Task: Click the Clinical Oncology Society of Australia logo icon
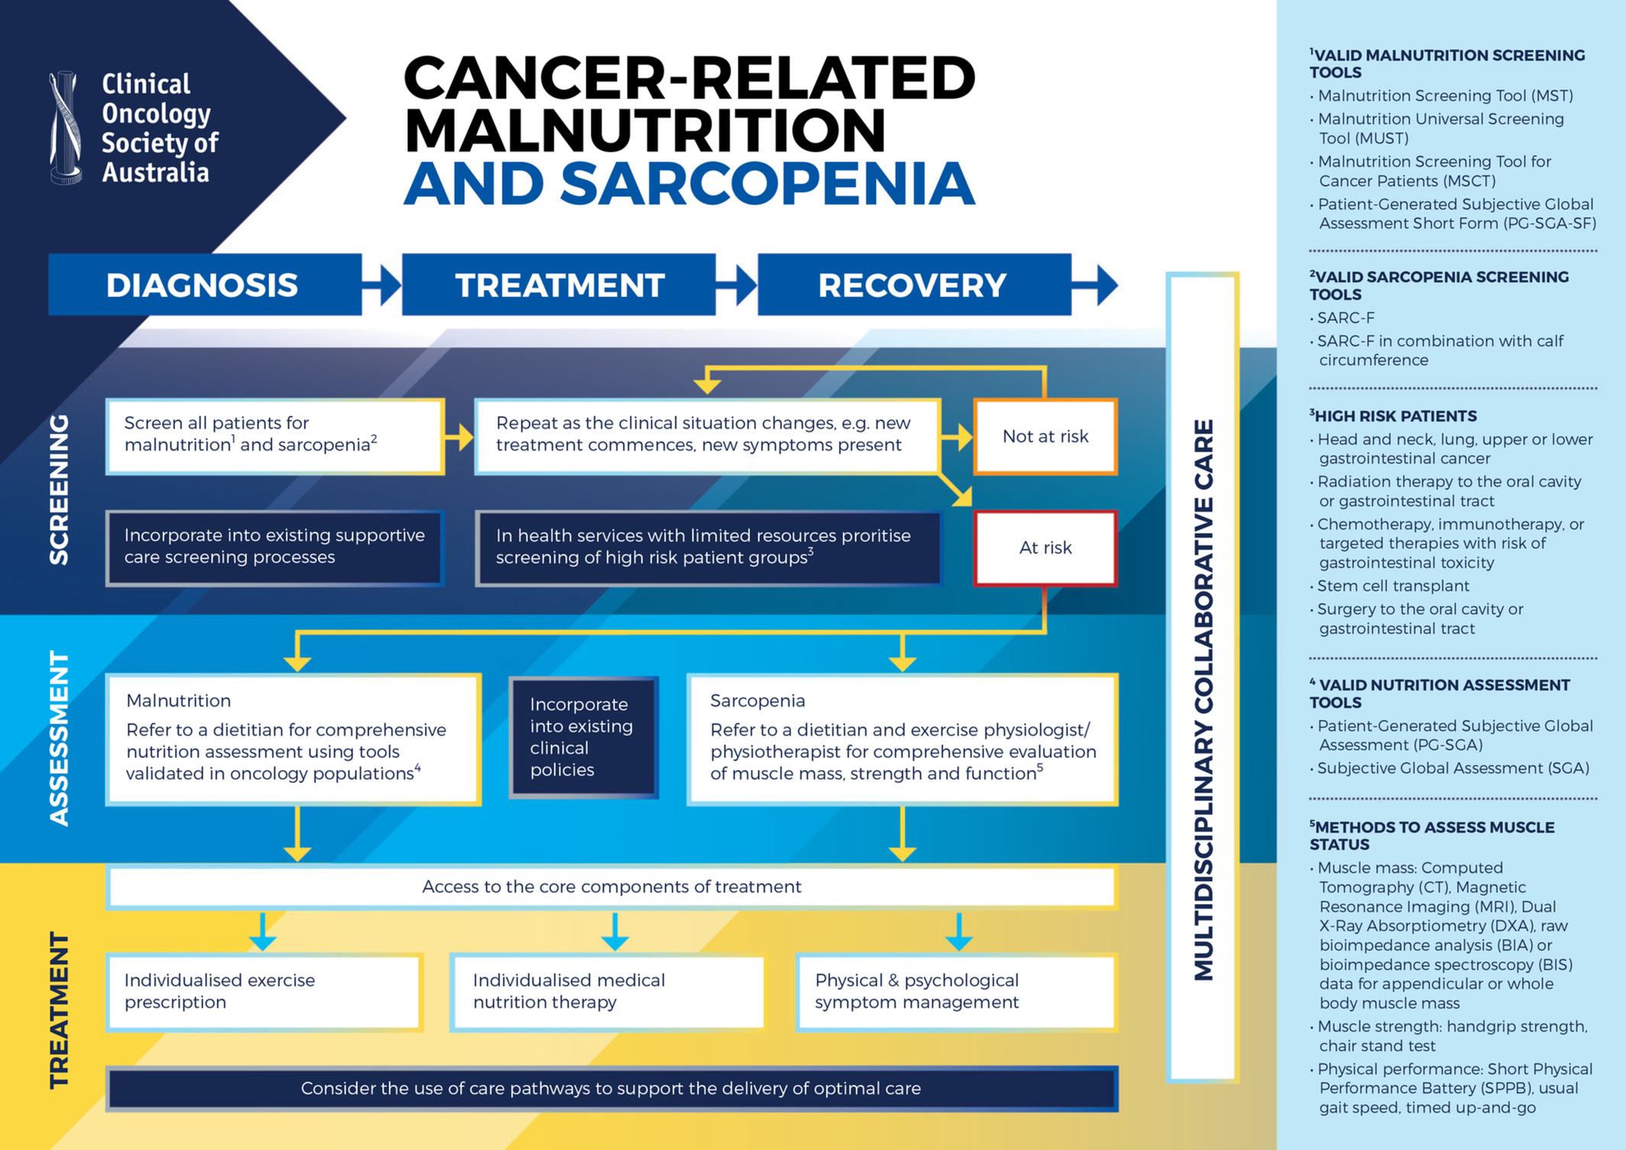(66, 128)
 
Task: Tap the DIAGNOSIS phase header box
(205, 284)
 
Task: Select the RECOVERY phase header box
(914, 284)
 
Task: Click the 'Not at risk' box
(1045, 436)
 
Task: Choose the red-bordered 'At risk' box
(1045, 548)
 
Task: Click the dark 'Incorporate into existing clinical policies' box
(584, 737)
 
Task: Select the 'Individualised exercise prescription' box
(264, 992)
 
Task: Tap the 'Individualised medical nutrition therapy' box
(608, 992)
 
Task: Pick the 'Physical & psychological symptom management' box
(957, 992)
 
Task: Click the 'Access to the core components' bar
(611, 886)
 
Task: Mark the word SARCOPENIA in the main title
(768, 183)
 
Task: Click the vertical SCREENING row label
(60, 490)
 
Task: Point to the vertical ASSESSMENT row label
(60, 738)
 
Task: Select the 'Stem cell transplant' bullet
(1389, 586)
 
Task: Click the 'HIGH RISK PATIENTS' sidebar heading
(1394, 416)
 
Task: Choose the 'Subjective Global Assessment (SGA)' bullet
(1449, 769)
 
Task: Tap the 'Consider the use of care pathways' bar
(611, 1088)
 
